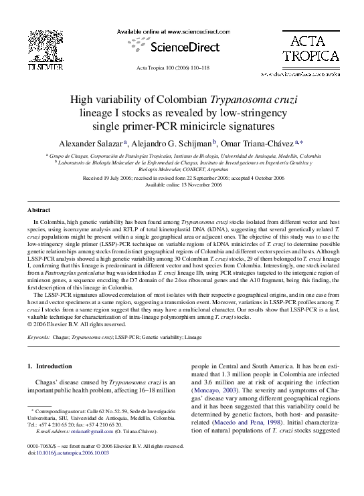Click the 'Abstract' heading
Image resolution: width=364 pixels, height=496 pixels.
[39, 210]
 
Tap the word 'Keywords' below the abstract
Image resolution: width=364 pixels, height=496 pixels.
[38, 338]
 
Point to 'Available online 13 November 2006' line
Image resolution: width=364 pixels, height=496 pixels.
[182, 186]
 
